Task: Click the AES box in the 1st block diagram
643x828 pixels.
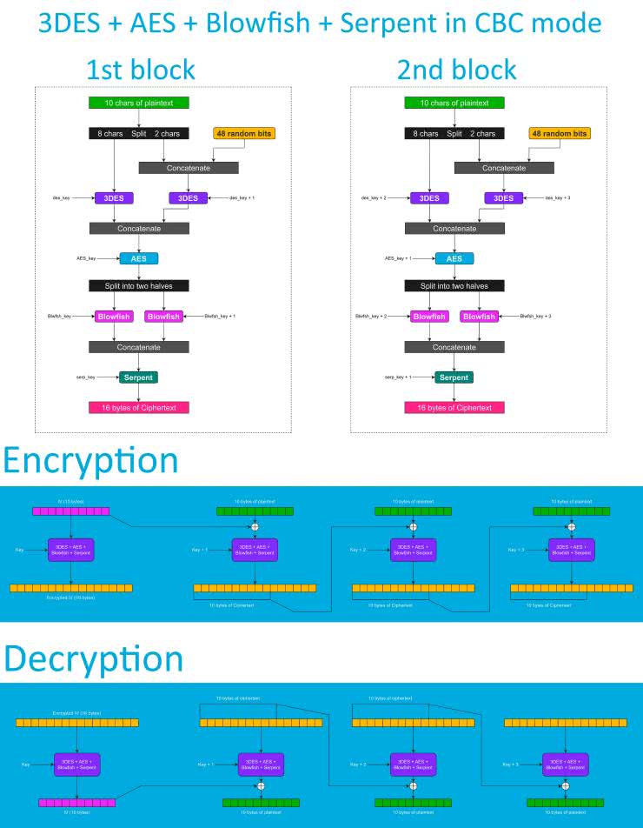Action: point(138,258)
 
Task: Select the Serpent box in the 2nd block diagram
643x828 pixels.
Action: point(454,377)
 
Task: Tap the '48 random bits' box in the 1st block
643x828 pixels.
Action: point(243,133)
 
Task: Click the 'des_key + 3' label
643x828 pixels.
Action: point(560,198)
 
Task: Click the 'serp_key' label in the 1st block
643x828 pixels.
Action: point(85,377)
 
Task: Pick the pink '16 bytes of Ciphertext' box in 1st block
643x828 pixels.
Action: point(138,407)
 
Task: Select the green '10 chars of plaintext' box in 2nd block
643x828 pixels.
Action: point(454,103)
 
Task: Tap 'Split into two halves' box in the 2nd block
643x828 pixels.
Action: point(454,285)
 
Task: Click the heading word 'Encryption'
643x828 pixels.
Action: point(90,460)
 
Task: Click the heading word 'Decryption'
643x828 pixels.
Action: point(93,658)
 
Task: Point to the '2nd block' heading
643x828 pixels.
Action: point(456,70)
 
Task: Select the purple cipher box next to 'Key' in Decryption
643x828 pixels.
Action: point(78,765)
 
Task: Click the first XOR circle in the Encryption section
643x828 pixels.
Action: point(255,527)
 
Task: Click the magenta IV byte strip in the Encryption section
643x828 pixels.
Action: point(70,512)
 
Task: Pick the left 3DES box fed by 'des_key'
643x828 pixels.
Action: point(114,198)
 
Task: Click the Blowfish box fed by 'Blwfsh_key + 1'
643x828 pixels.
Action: point(162,317)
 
